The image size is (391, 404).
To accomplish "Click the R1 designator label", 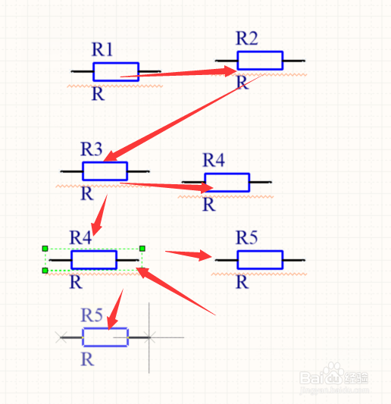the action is point(102,49).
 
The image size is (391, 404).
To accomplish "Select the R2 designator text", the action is point(247,38).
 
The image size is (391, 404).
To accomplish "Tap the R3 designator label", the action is point(92,149).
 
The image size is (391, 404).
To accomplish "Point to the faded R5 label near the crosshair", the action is point(92,315).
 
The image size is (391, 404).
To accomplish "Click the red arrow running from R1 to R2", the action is point(178,73).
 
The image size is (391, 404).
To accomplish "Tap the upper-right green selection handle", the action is point(142,249).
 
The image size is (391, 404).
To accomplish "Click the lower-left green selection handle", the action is point(45,271).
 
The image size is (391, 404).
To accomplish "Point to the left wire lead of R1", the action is point(82,71).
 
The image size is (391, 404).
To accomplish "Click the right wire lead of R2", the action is point(294,61).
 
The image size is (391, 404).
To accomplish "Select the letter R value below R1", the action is point(99,94).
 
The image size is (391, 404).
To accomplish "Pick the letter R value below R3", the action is point(87,193).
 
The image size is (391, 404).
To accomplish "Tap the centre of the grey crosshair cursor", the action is point(149,337).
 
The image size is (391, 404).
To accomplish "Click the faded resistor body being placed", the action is point(105,337).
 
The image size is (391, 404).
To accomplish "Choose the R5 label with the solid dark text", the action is point(247,237).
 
